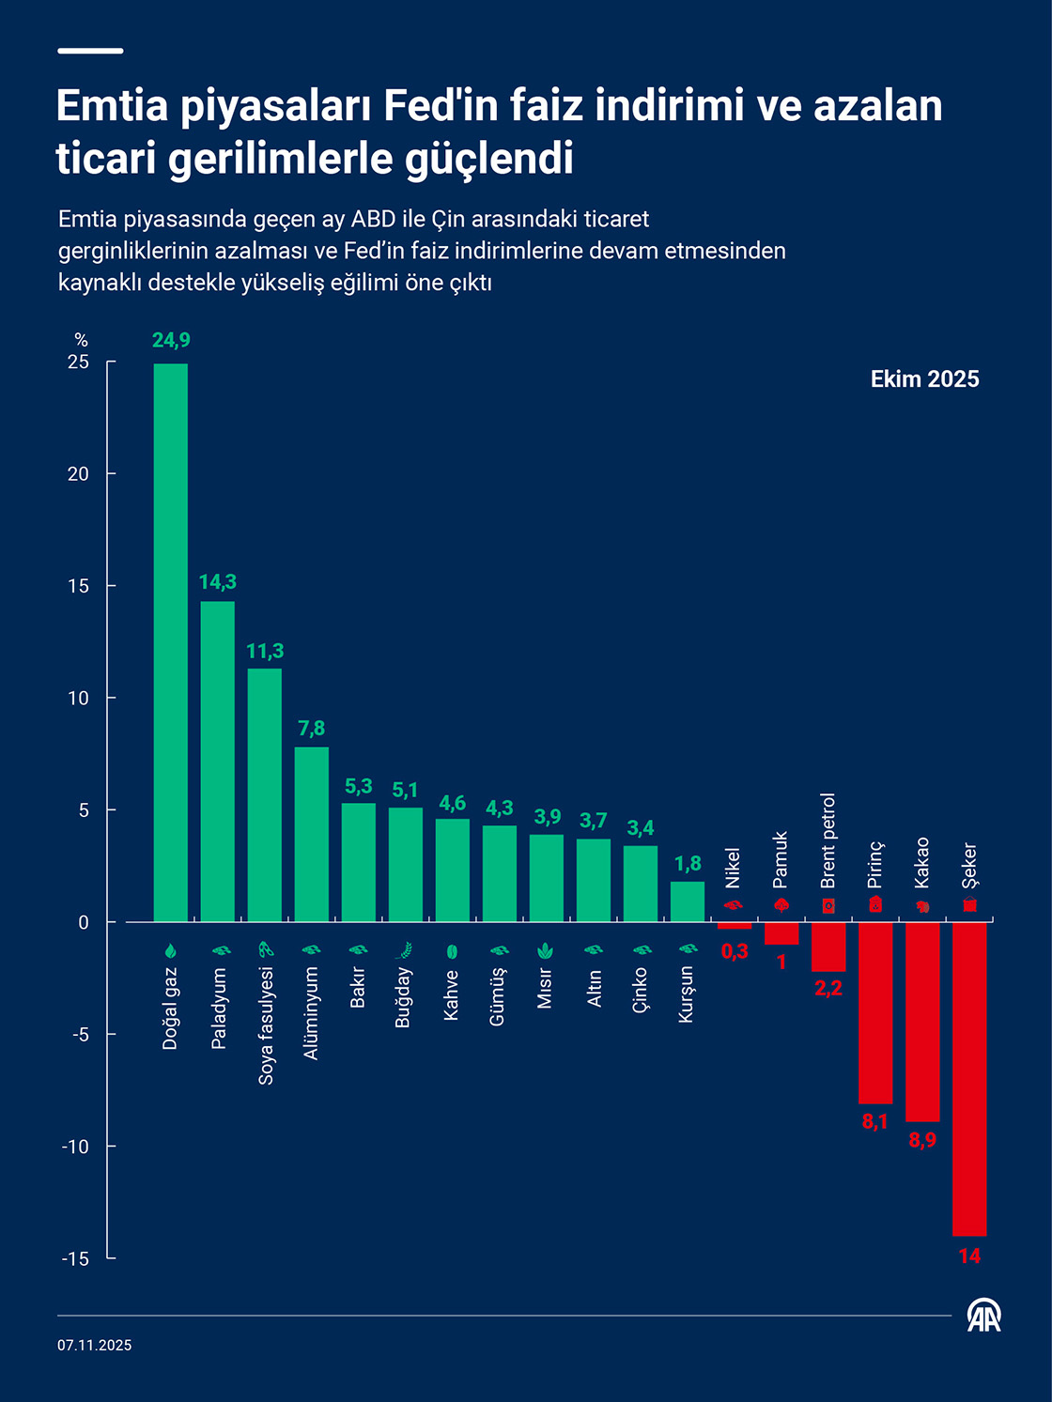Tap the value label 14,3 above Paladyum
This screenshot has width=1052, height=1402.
(217, 582)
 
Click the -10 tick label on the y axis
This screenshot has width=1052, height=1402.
(76, 1147)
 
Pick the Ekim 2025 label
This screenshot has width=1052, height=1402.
(924, 379)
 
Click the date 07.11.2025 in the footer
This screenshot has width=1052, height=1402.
(94, 1345)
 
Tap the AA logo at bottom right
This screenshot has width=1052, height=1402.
(983, 1316)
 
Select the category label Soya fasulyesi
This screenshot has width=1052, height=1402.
(266, 1025)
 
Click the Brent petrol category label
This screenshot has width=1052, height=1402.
(828, 840)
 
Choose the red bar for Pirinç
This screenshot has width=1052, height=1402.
(874, 1012)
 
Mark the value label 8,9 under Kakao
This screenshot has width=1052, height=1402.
(921, 1140)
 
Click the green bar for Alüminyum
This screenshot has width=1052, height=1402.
(311, 834)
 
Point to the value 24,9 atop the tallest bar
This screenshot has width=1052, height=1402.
(171, 340)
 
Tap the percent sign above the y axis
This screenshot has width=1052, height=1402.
(81, 340)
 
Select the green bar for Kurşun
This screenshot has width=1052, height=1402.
(687, 901)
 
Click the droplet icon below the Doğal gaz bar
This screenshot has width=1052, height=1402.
(170, 950)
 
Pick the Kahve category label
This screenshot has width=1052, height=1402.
(452, 995)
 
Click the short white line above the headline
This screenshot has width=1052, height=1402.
(90, 51)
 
